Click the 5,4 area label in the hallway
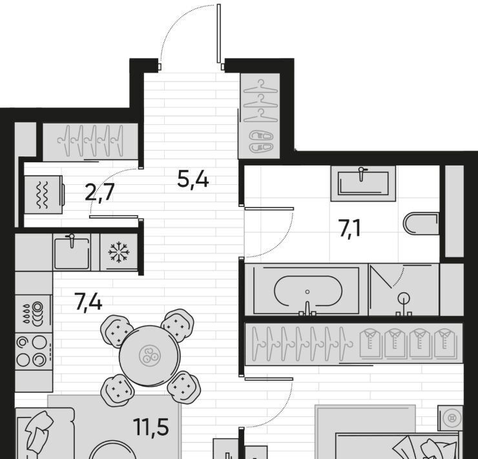point(193,180)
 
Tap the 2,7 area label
point(99,193)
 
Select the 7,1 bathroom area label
point(349,228)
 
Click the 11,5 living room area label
point(151,427)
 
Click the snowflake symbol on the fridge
point(119,252)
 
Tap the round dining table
point(149,356)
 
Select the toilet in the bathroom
point(421,224)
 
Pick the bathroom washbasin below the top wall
point(363,183)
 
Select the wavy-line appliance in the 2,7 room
point(43,195)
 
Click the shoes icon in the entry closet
point(261,142)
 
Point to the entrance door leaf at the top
point(219,34)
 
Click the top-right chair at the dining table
point(178,325)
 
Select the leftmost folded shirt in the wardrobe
point(370,343)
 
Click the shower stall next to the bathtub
point(404,290)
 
